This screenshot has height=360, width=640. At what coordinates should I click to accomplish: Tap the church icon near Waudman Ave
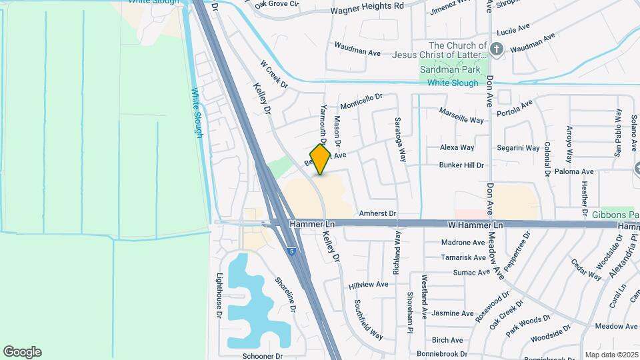[x=496, y=48]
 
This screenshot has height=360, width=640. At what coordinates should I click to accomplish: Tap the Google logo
[x=22, y=352]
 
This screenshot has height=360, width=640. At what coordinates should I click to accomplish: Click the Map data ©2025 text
[x=611, y=355]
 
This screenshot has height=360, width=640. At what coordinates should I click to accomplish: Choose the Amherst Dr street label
[x=377, y=214]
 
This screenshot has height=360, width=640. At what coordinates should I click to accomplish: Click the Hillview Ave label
[x=368, y=284]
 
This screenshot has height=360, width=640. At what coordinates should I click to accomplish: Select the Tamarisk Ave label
[x=463, y=257]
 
